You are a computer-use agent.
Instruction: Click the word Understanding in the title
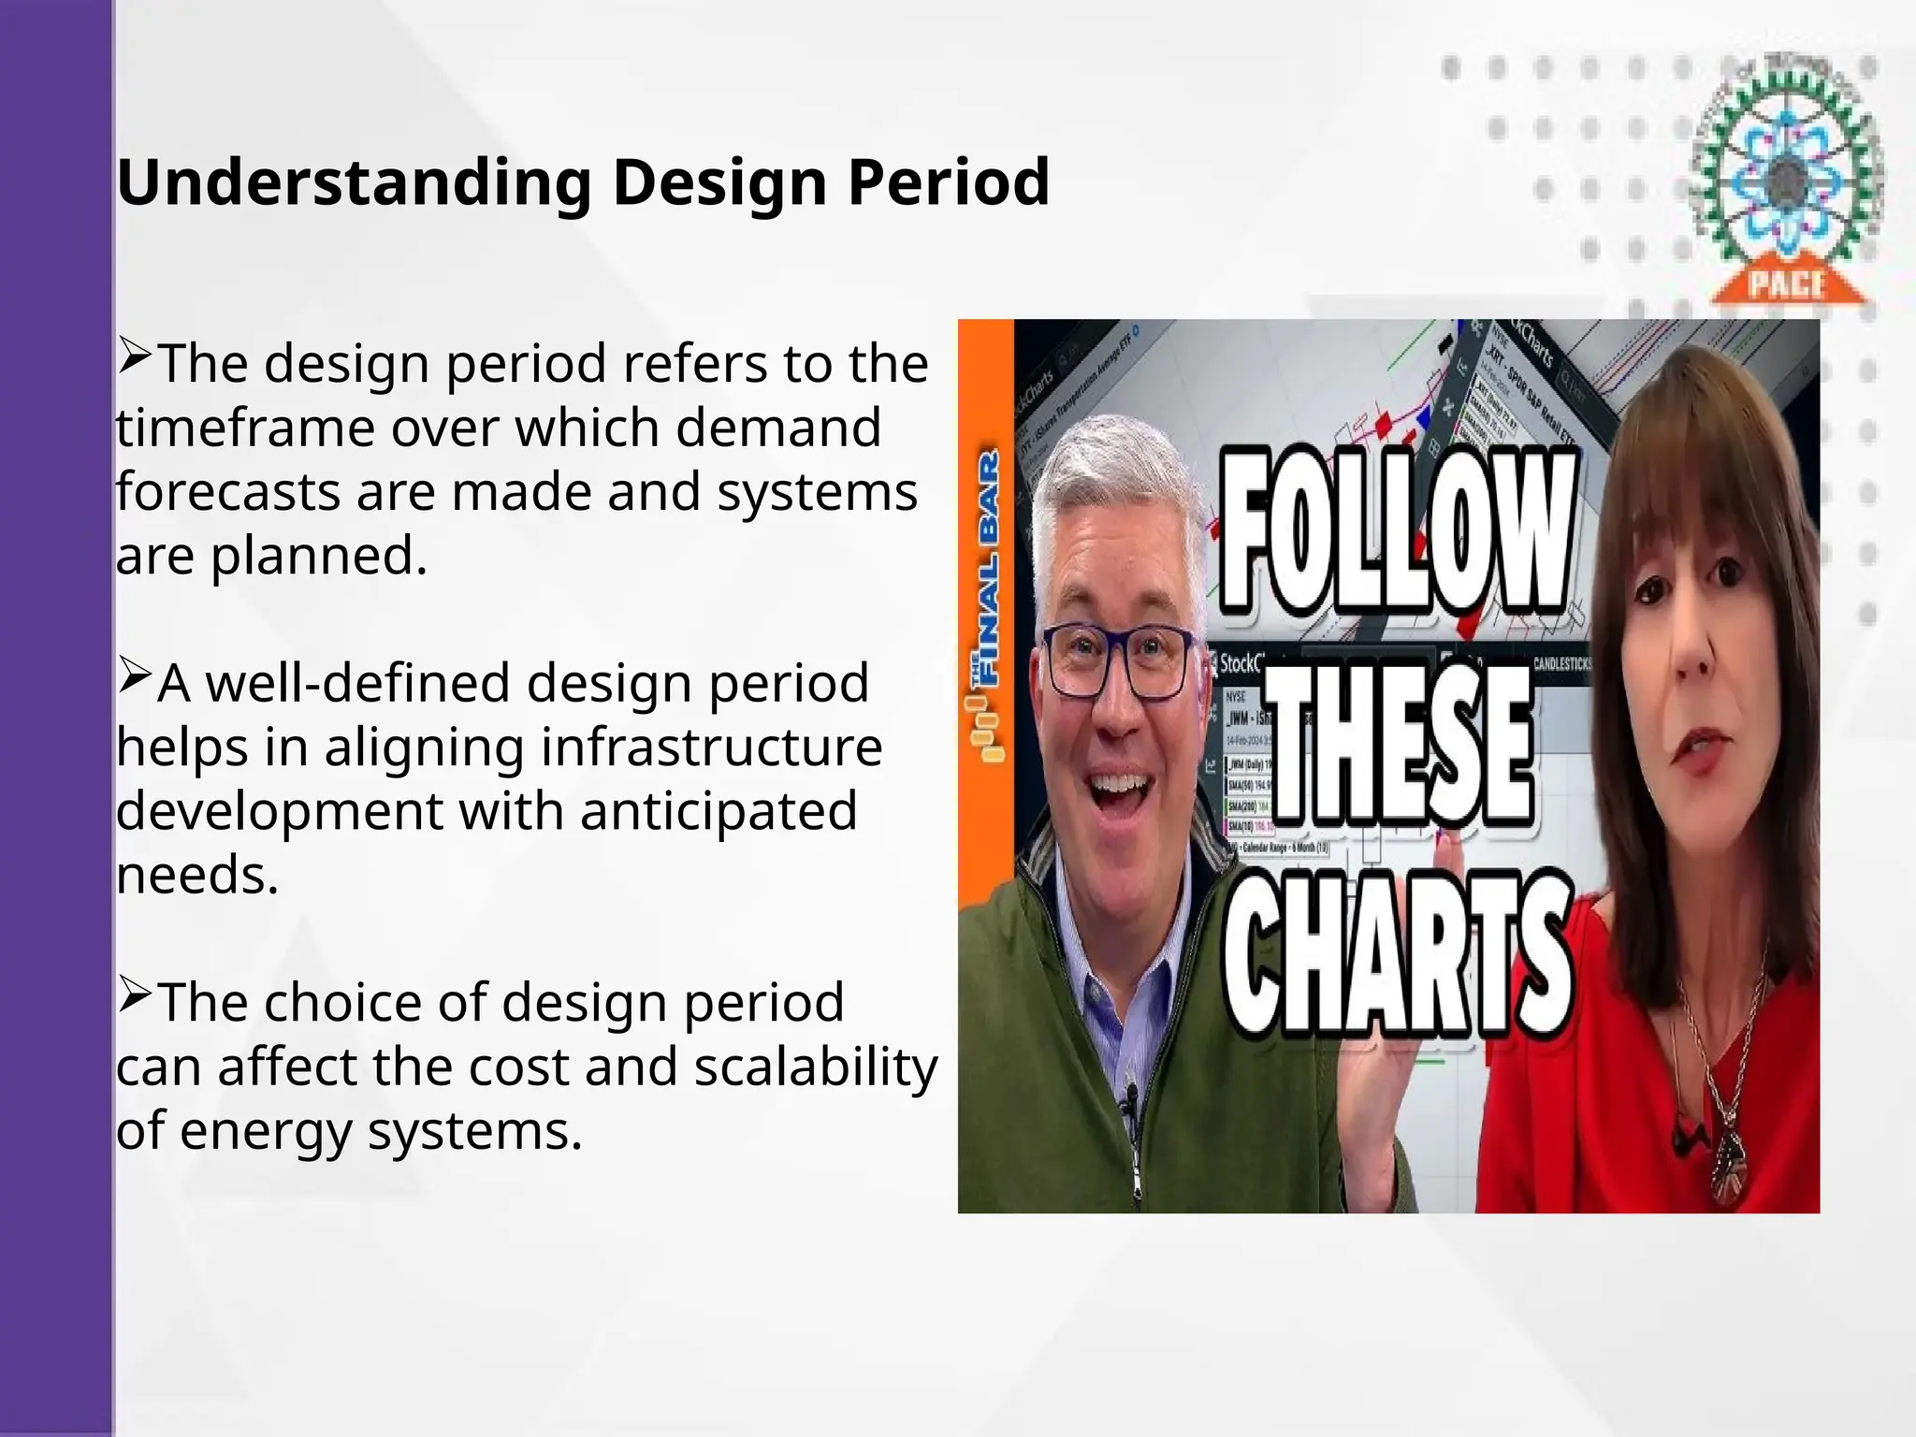354,182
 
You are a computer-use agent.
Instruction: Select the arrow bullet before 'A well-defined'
135,675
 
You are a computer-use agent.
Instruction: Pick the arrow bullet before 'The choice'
135,995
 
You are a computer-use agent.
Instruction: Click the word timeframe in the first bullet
245,428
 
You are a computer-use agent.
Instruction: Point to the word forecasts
227,492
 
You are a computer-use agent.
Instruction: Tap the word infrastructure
711,748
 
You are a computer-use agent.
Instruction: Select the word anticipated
718,811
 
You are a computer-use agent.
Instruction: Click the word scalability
815,1067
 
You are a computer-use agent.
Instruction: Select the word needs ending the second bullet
196,876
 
